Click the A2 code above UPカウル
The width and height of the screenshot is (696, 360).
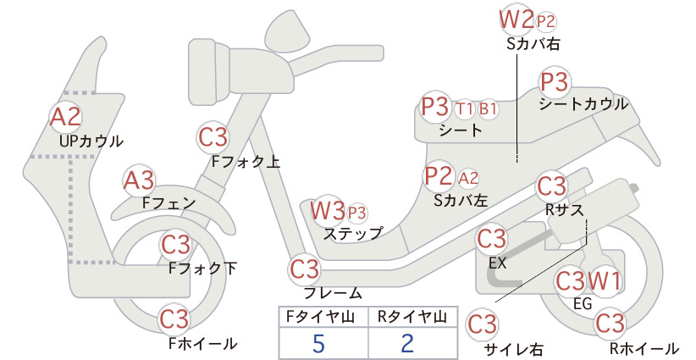point(66,117)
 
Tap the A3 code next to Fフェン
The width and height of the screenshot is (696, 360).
point(139,181)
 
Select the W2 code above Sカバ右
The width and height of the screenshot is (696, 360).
point(516,19)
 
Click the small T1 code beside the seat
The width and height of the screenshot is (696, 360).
point(464,108)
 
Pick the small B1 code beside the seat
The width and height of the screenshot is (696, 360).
point(488,108)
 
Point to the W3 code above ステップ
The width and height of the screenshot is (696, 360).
point(328,210)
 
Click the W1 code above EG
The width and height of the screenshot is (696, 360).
point(605,281)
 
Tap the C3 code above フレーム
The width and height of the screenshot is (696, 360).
point(304,269)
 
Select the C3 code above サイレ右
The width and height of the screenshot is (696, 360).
point(482,324)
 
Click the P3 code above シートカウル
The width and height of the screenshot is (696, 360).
point(555,82)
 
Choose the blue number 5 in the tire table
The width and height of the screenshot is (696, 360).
point(318,343)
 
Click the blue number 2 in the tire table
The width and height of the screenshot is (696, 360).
point(407,343)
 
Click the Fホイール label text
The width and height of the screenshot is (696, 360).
point(203,344)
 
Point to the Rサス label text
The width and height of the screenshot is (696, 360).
point(564,210)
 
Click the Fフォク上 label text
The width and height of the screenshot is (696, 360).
point(246,162)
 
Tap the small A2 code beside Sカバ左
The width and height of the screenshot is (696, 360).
point(468,178)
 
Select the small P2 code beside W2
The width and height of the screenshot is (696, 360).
point(546,22)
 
